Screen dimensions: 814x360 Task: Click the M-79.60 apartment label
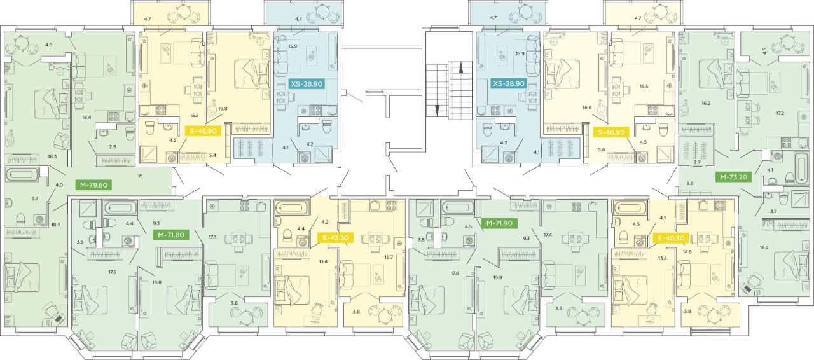(93, 185)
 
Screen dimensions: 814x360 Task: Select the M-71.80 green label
(171, 235)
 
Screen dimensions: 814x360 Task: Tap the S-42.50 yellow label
(335, 238)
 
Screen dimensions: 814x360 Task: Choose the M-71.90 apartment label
(499, 223)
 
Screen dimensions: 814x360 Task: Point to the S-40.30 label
(670, 238)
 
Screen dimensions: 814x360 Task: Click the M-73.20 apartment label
(734, 177)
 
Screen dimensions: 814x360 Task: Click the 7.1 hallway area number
(141, 176)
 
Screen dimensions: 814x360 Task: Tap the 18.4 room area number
(86, 118)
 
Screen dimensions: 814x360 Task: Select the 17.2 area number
(780, 113)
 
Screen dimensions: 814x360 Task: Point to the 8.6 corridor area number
(690, 184)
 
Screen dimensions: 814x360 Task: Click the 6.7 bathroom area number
(35, 198)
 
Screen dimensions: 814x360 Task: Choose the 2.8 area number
(113, 147)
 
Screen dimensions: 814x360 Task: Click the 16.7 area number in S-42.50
(389, 257)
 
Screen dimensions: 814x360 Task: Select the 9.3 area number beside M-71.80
(156, 223)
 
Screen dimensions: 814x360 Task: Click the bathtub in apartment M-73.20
(800, 169)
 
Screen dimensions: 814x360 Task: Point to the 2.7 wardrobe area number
(697, 162)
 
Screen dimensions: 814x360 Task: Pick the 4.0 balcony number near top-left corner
(48, 45)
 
